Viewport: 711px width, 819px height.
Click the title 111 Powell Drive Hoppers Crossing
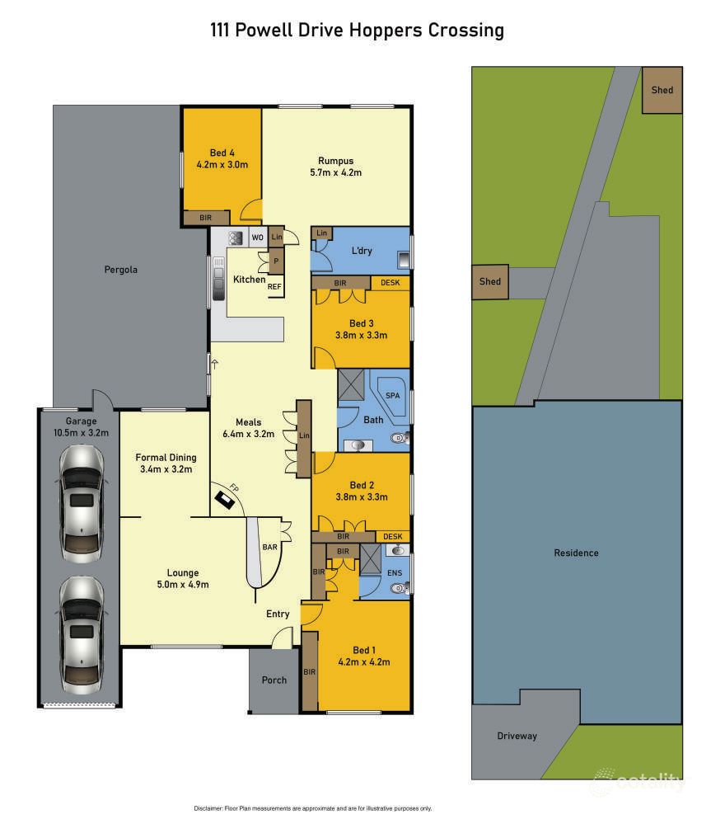point(355,31)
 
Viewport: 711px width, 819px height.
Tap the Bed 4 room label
point(222,153)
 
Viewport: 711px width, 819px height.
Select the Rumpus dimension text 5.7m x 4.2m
point(335,172)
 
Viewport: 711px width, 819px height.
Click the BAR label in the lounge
point(269,547)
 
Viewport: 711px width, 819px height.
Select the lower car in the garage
point(82,632)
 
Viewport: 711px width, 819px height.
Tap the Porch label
point(274,680)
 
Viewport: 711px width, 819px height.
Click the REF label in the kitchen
point(274,286)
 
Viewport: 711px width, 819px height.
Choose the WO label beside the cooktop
point(257,238)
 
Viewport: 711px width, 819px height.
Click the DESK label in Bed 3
point(390,283)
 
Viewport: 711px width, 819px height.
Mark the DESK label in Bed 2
point(390,536)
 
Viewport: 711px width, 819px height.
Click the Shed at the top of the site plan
point(662,90)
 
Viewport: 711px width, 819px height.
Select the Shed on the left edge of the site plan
point(490,281)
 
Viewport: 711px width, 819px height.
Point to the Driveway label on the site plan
point(517,736)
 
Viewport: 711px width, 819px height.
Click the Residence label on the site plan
point(576,553)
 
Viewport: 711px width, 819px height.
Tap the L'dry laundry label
point(363,250)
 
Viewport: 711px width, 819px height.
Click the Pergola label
point(120,269)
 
